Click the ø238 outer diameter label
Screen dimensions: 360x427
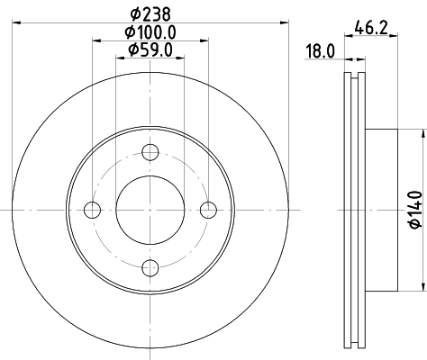click(150, 13)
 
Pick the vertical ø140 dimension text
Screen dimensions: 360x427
click(415, 208)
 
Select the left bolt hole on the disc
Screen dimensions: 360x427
click(92, 210)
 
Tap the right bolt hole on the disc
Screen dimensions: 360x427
click(209, 210)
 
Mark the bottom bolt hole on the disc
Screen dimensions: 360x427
click(150, 267)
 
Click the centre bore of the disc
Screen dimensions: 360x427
click(150, 210)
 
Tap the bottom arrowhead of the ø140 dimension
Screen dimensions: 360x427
click(422, 286)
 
